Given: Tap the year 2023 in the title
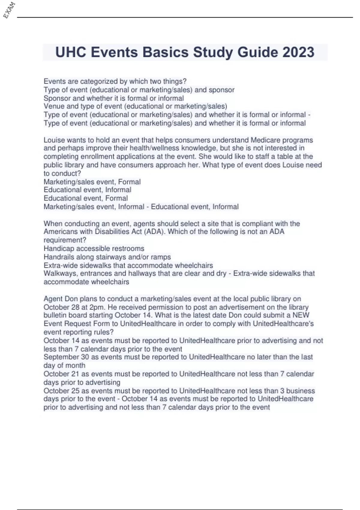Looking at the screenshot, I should pos(298,52).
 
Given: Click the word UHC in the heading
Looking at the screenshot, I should pos(71,52).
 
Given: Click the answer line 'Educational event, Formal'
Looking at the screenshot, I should pos(85,198).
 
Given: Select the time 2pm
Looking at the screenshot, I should pos(97,307).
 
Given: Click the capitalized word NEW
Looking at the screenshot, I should pos(301,315).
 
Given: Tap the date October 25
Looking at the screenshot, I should pos(61,391).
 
